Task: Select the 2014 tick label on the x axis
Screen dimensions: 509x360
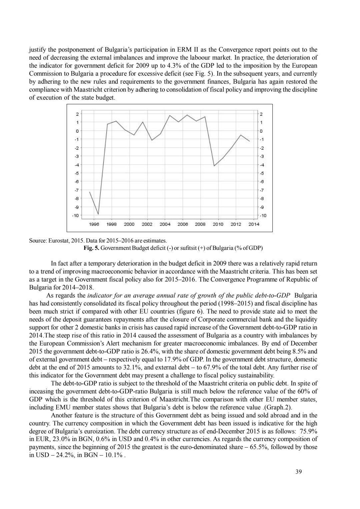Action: (254, 224)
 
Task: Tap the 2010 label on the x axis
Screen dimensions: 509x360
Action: (218, 224)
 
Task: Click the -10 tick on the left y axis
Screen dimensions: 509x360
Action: (76, 216)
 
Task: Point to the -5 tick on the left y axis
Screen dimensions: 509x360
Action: (76, 173)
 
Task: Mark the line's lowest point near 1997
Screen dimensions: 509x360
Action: (98, 214)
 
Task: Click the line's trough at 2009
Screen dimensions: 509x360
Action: (214, 166)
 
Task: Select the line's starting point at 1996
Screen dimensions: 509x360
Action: (89, 192)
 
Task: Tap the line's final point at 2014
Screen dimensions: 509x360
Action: (249, 141)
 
